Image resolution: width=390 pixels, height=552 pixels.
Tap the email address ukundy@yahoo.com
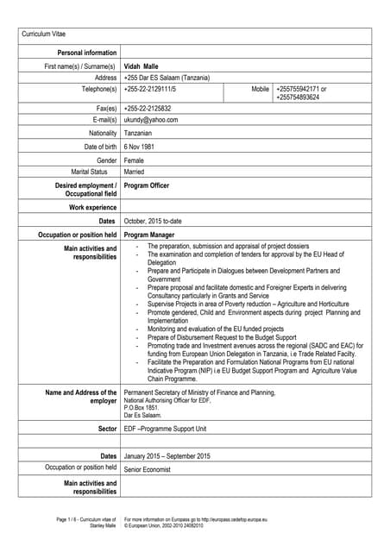click(x=151, y=120)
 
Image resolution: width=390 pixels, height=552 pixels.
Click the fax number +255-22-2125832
click(x=148, y=109)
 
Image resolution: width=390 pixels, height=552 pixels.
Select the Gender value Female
click(x=135, y=160)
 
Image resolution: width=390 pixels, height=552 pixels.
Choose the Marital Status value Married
click(x=135, y=172)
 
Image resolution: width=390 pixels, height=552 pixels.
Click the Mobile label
click(x=260, y=89)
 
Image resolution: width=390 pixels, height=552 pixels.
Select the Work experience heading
click(x=92, y=208)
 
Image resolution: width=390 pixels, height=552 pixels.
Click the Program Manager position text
click(x=149, y=235)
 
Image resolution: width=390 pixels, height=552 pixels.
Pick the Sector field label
click(x=107, y=428)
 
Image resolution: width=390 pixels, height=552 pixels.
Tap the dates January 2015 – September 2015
click(x=167, y=455)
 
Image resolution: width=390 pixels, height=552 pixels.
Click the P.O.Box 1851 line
click(x=142, y=408)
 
